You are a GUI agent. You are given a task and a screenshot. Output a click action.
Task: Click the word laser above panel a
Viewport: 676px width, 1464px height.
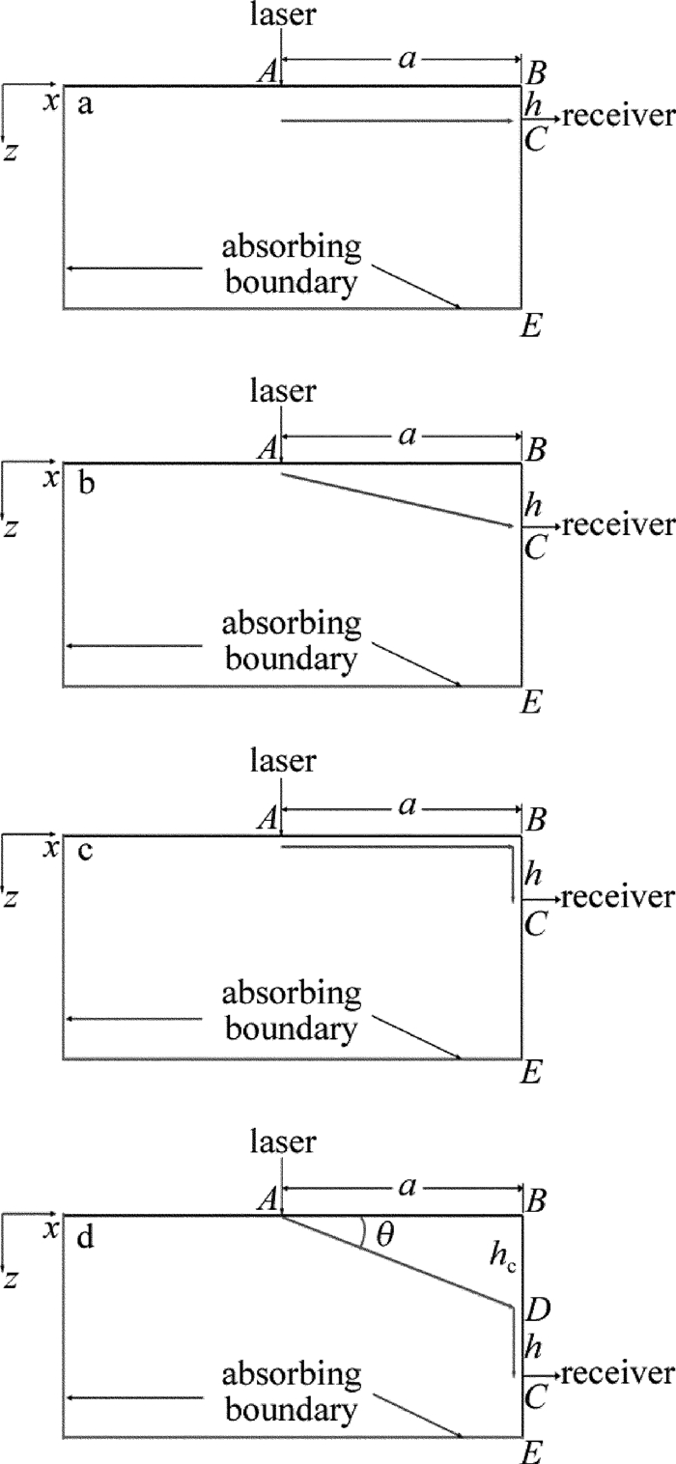pos(282,14)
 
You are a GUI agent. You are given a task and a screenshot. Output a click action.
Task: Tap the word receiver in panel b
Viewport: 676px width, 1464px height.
pos(616,525)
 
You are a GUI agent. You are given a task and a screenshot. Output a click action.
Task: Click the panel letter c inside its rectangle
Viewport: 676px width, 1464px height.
pos(85,855)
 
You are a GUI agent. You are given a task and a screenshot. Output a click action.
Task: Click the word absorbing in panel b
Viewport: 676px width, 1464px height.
pos(292,623)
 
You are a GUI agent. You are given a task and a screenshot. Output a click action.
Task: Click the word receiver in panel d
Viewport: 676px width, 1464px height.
pos(616,1372)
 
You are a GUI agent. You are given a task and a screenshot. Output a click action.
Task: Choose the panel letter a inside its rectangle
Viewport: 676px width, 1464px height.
pos(85,105)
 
